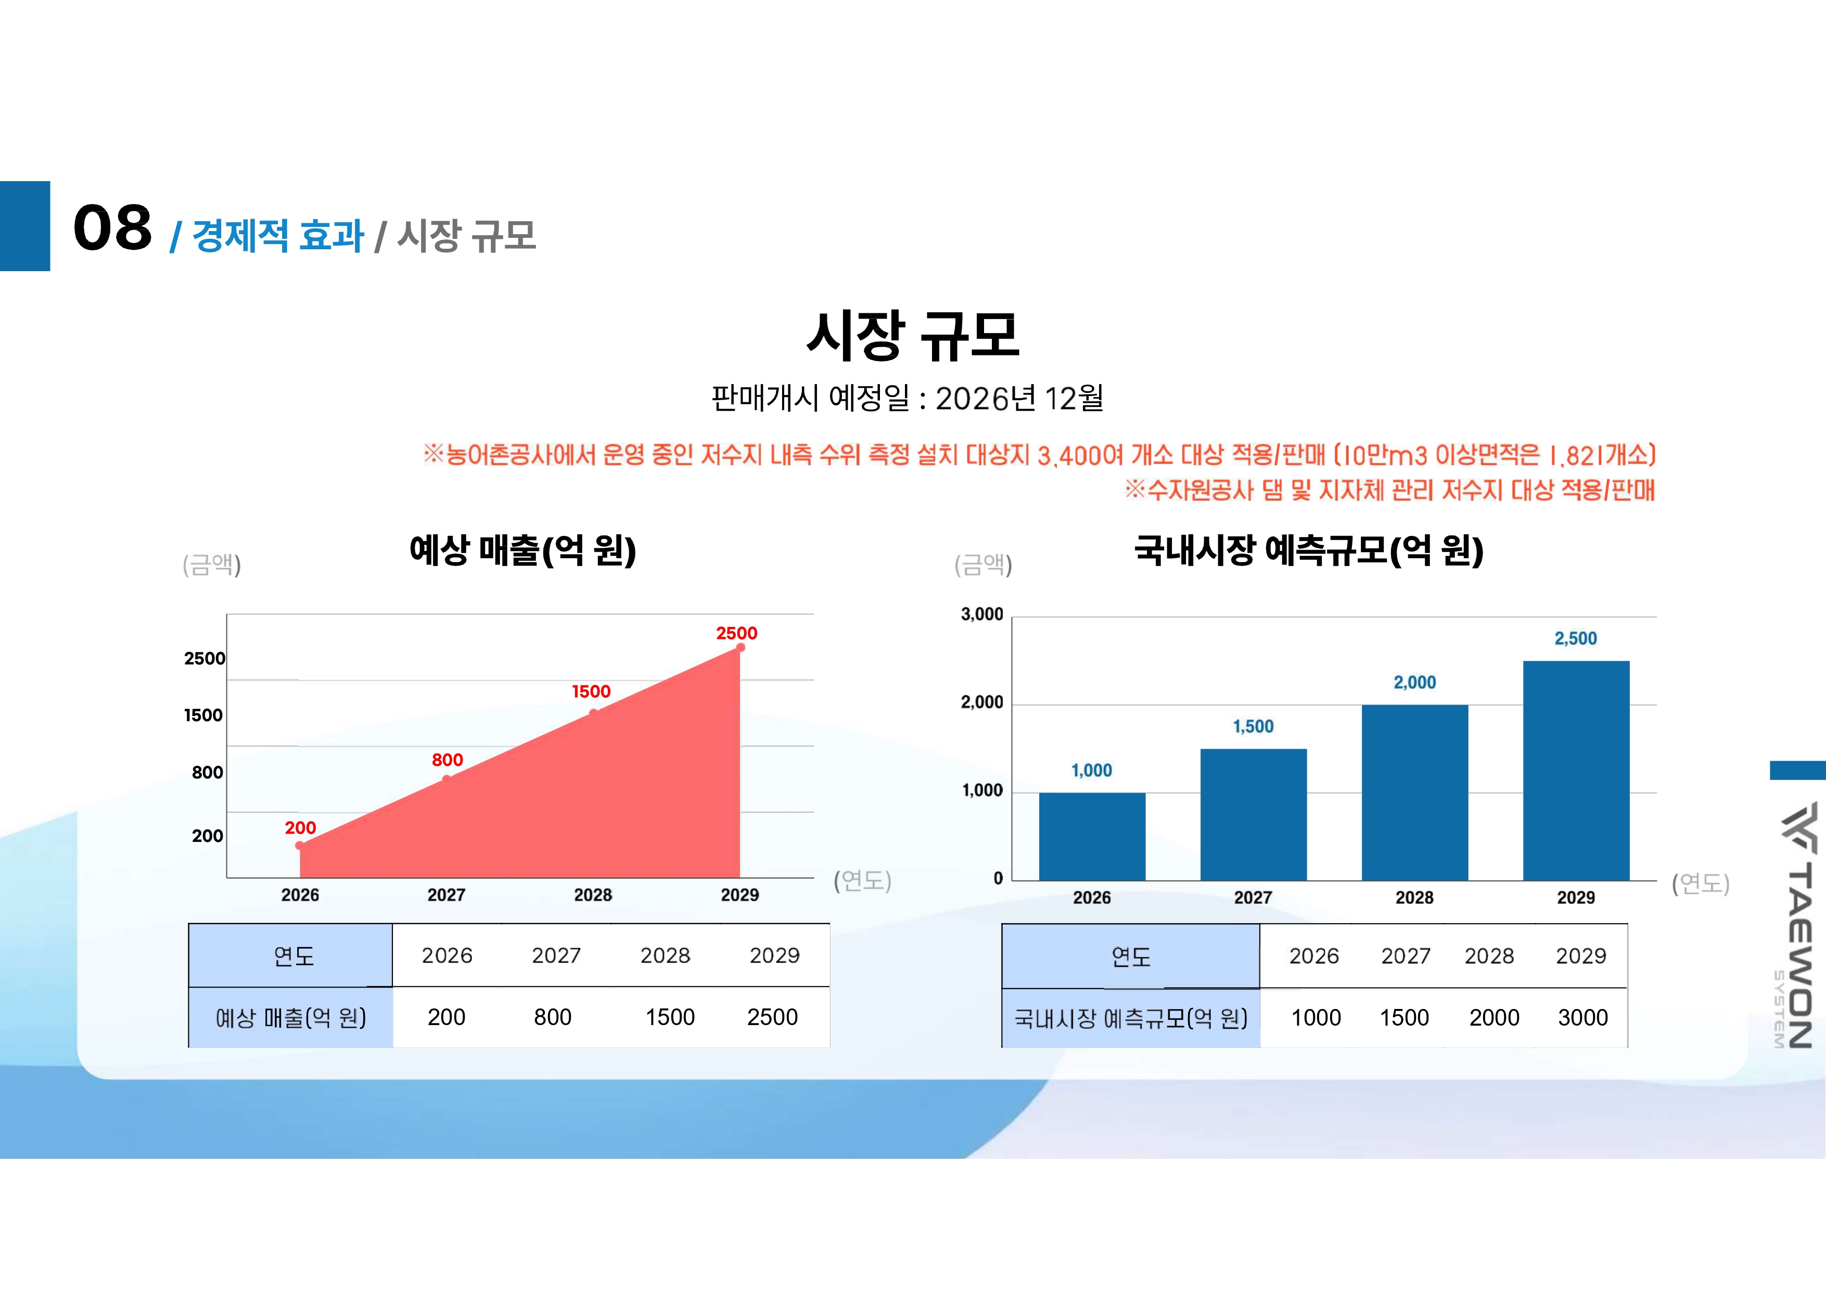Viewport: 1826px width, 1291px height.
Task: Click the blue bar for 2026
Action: click(x=1092, y=836)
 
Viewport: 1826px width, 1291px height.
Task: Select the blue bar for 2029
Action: click(x=1576, y=770)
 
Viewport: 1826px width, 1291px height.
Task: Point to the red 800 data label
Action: click(x=447, y=760)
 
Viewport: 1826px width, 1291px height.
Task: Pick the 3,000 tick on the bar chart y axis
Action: click(x=982, y=614)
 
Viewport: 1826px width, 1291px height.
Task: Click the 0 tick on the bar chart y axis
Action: click(x=998, y=878)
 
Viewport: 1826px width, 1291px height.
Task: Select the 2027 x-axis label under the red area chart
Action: click(x=446, y=895)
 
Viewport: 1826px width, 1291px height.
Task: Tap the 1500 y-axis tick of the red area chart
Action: click(x=203, y=715)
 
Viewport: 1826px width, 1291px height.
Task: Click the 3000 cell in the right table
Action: click(x=1582, y=1017)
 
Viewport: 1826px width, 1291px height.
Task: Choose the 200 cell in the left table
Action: click(x=446, y=1017)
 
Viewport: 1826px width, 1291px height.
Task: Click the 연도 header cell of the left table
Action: click(x=293, y=955)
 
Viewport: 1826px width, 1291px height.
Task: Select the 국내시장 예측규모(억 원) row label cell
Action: click(x=1130, y=1018)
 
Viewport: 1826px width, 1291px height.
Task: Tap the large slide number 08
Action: click(x=112, y=228)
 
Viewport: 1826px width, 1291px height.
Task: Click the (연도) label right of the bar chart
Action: click(x=1701, y=883)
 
